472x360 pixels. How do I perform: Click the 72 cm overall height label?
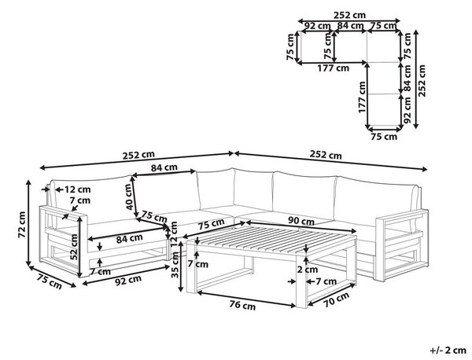[x=22, y=224]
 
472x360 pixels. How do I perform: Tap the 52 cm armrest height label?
[x=74, y=247]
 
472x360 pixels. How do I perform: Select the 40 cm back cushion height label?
[x=129, y=197]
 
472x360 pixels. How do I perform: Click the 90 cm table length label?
[x=301, y=221]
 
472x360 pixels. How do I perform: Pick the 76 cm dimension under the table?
[x=242, y=305]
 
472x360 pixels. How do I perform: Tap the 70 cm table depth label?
[x=336, y=299]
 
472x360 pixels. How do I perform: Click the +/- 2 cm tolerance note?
[x=448, y=350]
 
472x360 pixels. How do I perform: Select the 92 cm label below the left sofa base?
[x=128, y=281]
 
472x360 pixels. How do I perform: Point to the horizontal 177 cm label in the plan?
[x=334, y=68]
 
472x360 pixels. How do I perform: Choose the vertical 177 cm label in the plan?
[x=362, y=97]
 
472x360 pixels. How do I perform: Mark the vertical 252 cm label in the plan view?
[x=422, y=81]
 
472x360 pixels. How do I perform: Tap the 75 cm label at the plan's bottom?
[x=384, y=137]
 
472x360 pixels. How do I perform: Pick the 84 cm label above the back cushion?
[x=164, y=167]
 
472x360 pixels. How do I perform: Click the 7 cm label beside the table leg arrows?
[x=326, y=281]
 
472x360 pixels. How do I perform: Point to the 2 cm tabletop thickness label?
[x=307, y=270]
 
